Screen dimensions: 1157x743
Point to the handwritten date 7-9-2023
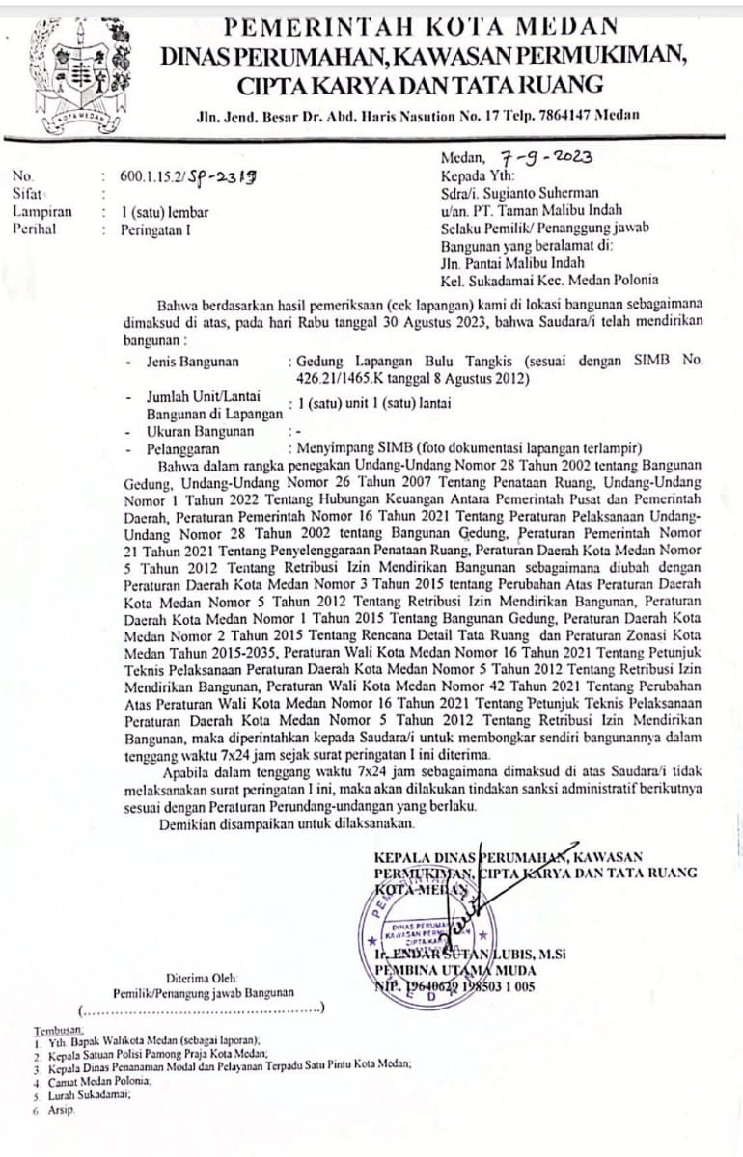[546, 156]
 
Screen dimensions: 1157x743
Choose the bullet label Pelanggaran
[182, 448]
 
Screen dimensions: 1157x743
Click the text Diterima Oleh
[204, 975]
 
